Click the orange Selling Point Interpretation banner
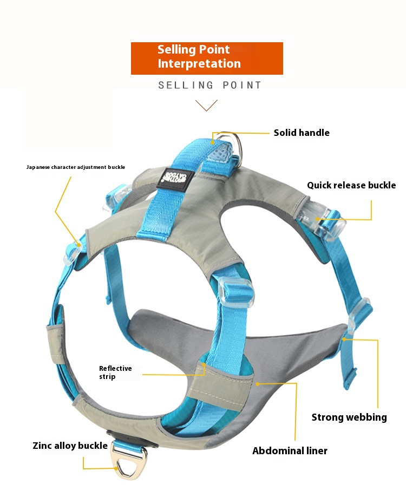(x=207, y=58)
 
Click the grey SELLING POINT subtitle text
(x=209, y=85)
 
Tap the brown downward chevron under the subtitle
(x=206, y=105)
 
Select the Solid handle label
(x=301, y=133)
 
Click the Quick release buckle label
(x=351, y=185)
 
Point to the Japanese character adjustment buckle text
(x=76, y=167)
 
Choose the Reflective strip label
(x=115, y=372)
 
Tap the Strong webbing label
(x=349, y=417)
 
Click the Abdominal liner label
(x=290, y=450)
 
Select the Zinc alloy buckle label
(x=70, y=446)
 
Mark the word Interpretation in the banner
(x=199, y=64)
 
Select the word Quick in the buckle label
(x=319, y=185)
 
